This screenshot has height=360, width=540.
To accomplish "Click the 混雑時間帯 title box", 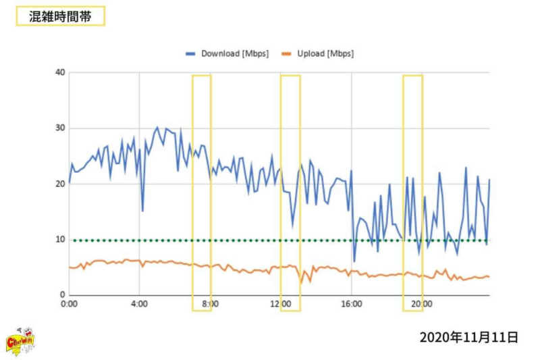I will [x=60, y=16].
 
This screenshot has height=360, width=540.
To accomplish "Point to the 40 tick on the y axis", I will [x=60, y=72].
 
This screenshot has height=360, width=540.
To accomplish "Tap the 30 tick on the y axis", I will [x=60, y=128].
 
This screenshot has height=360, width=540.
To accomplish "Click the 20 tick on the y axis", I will [x=60, y=184].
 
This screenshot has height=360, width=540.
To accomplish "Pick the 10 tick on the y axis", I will [x=60, y=240].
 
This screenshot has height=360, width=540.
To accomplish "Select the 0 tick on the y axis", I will [x=62, y=295].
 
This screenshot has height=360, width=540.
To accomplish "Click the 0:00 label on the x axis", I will [x=69, y=305].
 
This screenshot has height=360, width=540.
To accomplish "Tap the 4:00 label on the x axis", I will [x=139, y=305].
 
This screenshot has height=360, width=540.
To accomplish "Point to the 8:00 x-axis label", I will [x=210, y=305].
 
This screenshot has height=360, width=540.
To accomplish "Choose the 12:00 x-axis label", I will [x=281, y=305].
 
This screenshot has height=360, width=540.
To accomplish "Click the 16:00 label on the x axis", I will [x=351, y=305].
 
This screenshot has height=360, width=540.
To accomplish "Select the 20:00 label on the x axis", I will [x=422, y=305].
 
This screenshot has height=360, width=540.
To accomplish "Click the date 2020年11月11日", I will [x=468, y=336].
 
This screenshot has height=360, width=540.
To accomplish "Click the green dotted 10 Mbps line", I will [x=270, y=240].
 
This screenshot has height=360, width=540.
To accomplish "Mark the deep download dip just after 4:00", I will [x=142, y=210].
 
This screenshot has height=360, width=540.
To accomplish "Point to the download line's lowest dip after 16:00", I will [x=354, y=261].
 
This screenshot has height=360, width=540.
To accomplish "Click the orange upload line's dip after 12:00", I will [x=302, y=281].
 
